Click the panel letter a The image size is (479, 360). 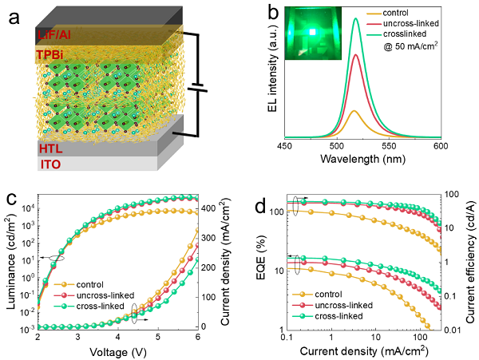pyautogui.click(x=13, y=17)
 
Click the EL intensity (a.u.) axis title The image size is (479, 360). pyautogui.click(x=271, y=77)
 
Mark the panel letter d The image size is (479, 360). pyautogui.click(x=255, y=201)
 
